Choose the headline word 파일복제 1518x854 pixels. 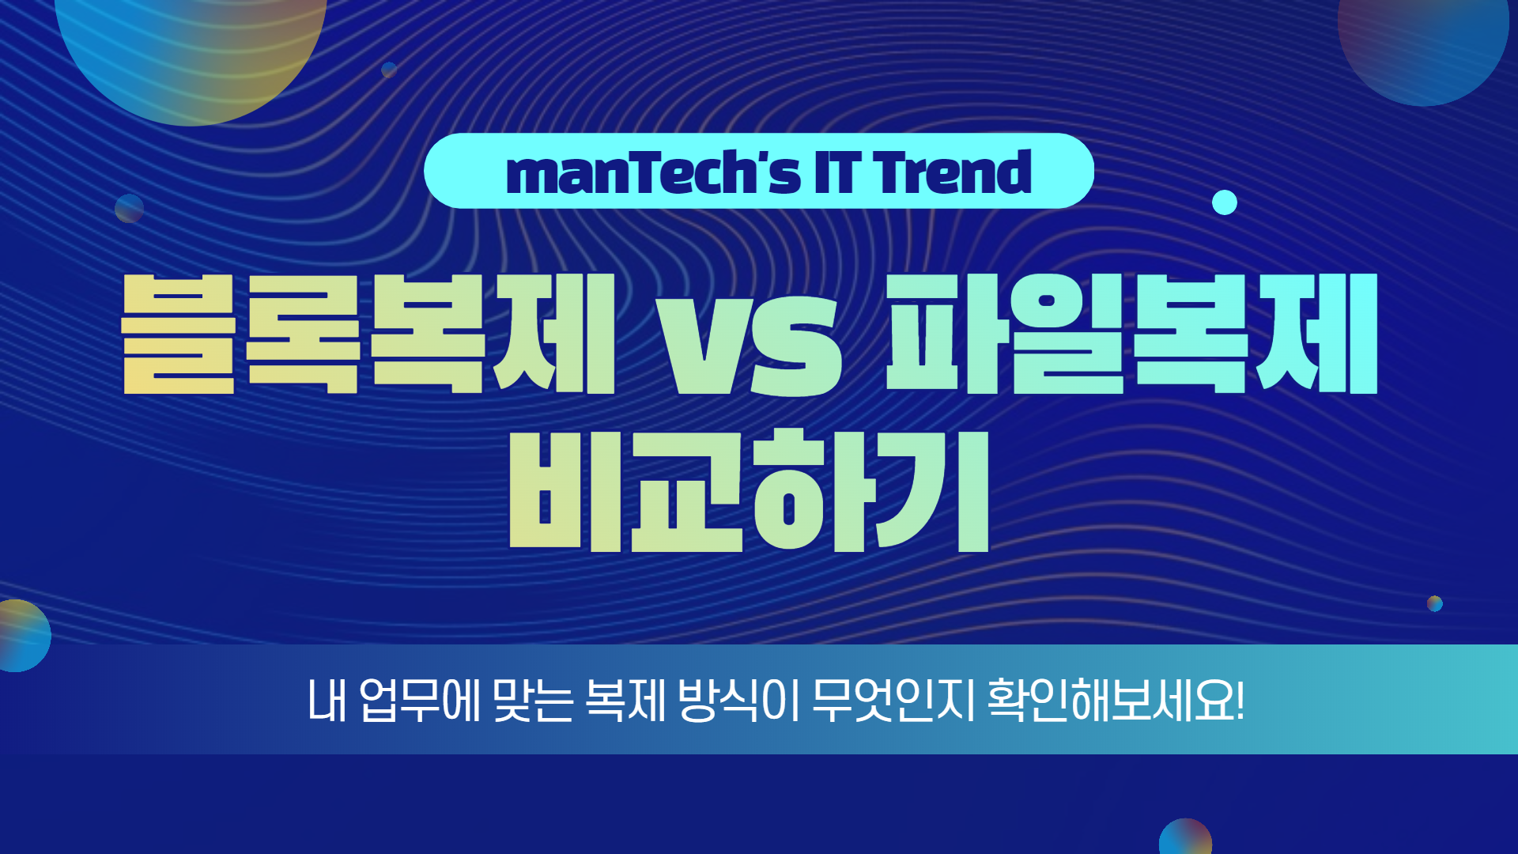click(1131, 334)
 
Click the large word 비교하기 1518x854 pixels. click(749, 490)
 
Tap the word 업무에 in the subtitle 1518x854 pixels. click(420, 700)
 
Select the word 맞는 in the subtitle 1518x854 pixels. click(532, 700)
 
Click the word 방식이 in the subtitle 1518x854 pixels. click(739, 700)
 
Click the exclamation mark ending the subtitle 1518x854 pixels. click(1239, 701)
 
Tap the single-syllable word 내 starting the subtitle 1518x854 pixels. click(328, 700)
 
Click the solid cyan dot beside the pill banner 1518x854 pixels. click(1225, 202)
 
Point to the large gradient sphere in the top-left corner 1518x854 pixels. click(191, 47)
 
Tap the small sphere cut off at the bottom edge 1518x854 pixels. click(1185, 838)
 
